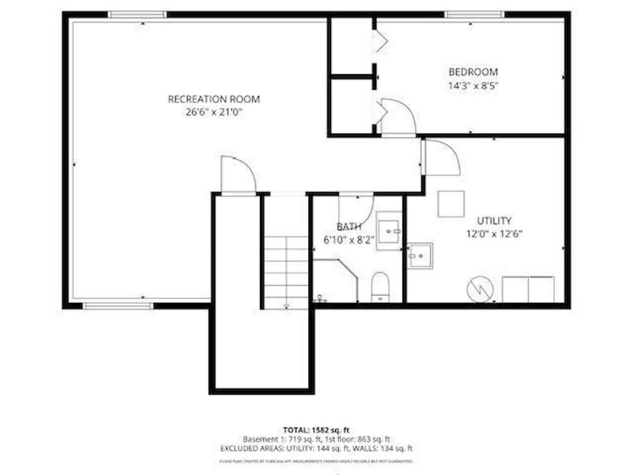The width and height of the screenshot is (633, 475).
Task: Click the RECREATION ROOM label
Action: [214, 99]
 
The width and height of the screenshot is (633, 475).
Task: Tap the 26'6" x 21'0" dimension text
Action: [214, 112]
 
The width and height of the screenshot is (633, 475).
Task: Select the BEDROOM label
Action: [473, 72]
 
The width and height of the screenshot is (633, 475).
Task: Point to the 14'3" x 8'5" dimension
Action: [473, 86]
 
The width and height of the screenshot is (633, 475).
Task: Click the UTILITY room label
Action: [494, 221]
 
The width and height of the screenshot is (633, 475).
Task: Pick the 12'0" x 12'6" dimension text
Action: [495, 234]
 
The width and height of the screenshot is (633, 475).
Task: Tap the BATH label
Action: [349, 227]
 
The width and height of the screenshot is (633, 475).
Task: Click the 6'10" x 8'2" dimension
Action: [349, 241]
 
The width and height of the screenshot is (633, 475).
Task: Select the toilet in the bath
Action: [380, 287]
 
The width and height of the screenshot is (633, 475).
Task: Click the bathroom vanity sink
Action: [389, 231]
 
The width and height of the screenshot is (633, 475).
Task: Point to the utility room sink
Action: [420, 255]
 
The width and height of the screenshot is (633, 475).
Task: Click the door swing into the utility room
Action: [441, 158]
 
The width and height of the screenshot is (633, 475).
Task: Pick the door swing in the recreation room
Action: [238, 175]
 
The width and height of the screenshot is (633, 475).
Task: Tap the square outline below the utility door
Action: [451, 204]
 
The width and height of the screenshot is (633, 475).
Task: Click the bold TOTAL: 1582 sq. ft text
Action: [316, 429]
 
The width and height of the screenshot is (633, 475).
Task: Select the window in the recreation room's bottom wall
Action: [118, 306]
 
